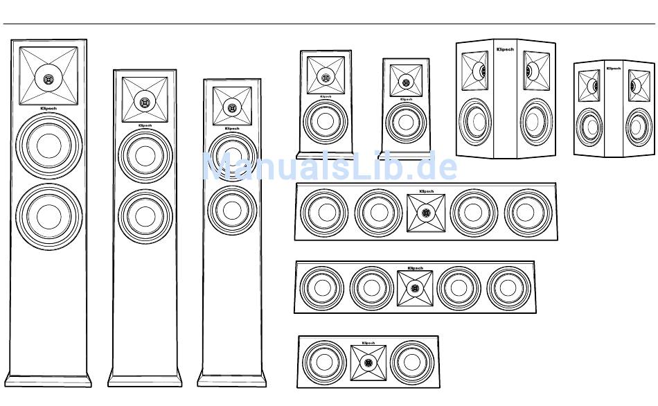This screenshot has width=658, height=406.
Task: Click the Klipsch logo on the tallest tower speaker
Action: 48,109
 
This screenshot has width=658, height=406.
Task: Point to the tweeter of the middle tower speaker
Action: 145,103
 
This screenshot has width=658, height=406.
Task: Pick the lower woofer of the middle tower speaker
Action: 145,215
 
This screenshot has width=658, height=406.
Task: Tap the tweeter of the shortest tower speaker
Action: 232,108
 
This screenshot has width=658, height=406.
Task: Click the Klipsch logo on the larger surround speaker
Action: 504,50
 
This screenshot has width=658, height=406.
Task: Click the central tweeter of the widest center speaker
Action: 426,213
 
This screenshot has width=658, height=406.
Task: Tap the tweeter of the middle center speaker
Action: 414,288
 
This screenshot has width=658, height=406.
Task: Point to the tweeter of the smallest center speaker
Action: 368,362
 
